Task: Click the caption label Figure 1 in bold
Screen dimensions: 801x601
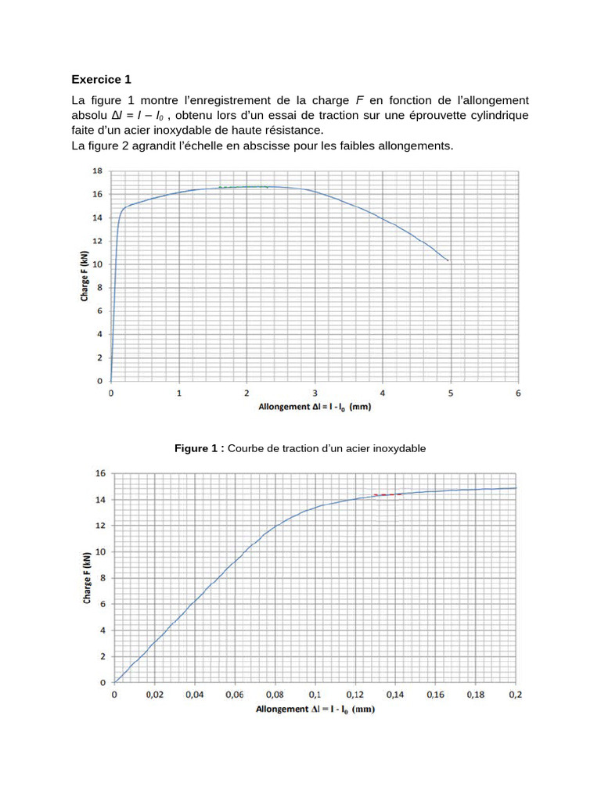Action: (199, 448)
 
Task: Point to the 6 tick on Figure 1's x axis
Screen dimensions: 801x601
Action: (518, 393)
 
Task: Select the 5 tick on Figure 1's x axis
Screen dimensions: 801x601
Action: (450, 393)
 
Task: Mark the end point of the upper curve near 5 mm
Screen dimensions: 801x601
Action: (448, 260)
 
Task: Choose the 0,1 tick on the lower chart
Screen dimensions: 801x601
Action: (315, 695)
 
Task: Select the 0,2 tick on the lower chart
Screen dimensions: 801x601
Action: (515, 695)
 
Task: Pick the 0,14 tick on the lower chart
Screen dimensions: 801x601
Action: (395, 695)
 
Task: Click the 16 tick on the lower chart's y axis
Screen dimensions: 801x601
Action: (99, 473)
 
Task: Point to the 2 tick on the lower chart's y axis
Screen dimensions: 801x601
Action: (103, 657)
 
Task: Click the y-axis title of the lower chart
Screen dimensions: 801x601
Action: (85, 578)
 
